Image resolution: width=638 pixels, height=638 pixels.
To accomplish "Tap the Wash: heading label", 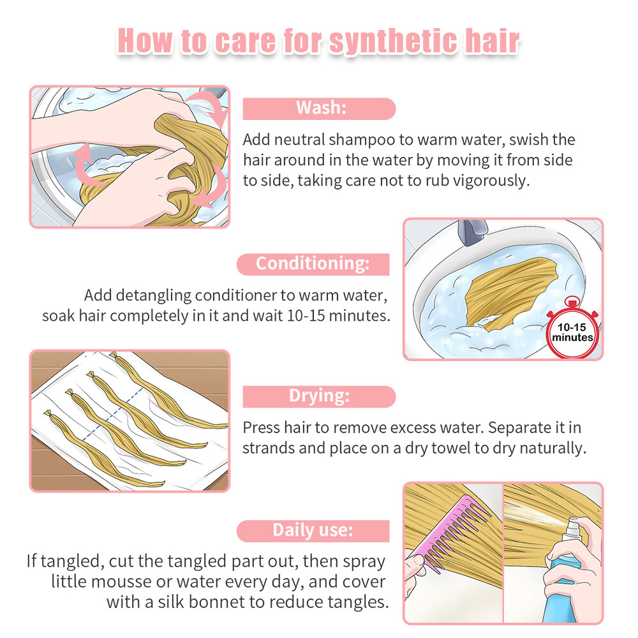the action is [319, 108].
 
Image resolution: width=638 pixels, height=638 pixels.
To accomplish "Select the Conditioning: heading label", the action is [313, 264].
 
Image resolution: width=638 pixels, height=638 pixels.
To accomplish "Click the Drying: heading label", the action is [319, 396].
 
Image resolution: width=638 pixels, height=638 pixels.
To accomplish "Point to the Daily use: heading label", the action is [313, 531].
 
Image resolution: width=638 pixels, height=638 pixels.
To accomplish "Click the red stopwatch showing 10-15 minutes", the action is [572, 329].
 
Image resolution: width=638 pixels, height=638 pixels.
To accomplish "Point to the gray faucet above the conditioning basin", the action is [472, 232].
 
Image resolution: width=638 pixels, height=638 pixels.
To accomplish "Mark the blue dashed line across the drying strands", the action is [113, 414].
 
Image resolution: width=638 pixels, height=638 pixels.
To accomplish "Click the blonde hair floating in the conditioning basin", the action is [510, 291].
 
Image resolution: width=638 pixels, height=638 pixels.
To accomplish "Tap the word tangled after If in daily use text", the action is [73, 561].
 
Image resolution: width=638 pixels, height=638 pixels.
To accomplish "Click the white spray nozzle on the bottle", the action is [571, 528].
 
